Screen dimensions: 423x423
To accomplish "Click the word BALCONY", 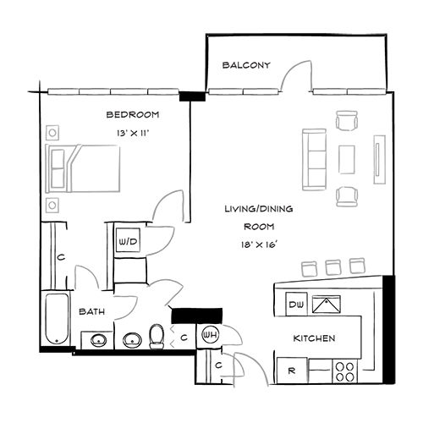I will [246, 65].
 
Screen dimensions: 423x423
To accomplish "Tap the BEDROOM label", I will [132, 115].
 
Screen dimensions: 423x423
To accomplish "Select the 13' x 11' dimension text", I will [132, 133].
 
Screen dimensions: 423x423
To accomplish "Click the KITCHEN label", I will [315, 338].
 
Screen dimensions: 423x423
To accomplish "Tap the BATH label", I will [91, 312].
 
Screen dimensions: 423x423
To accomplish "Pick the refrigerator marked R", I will [290, 370].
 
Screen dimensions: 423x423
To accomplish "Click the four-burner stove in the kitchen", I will [346, 370].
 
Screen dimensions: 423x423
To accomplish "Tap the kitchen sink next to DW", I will [325, 305].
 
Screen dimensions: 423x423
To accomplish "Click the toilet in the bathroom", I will [157, 338].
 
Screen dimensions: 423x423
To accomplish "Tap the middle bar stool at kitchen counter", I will [332, 267].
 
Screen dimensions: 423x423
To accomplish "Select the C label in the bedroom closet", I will [60, 257].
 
